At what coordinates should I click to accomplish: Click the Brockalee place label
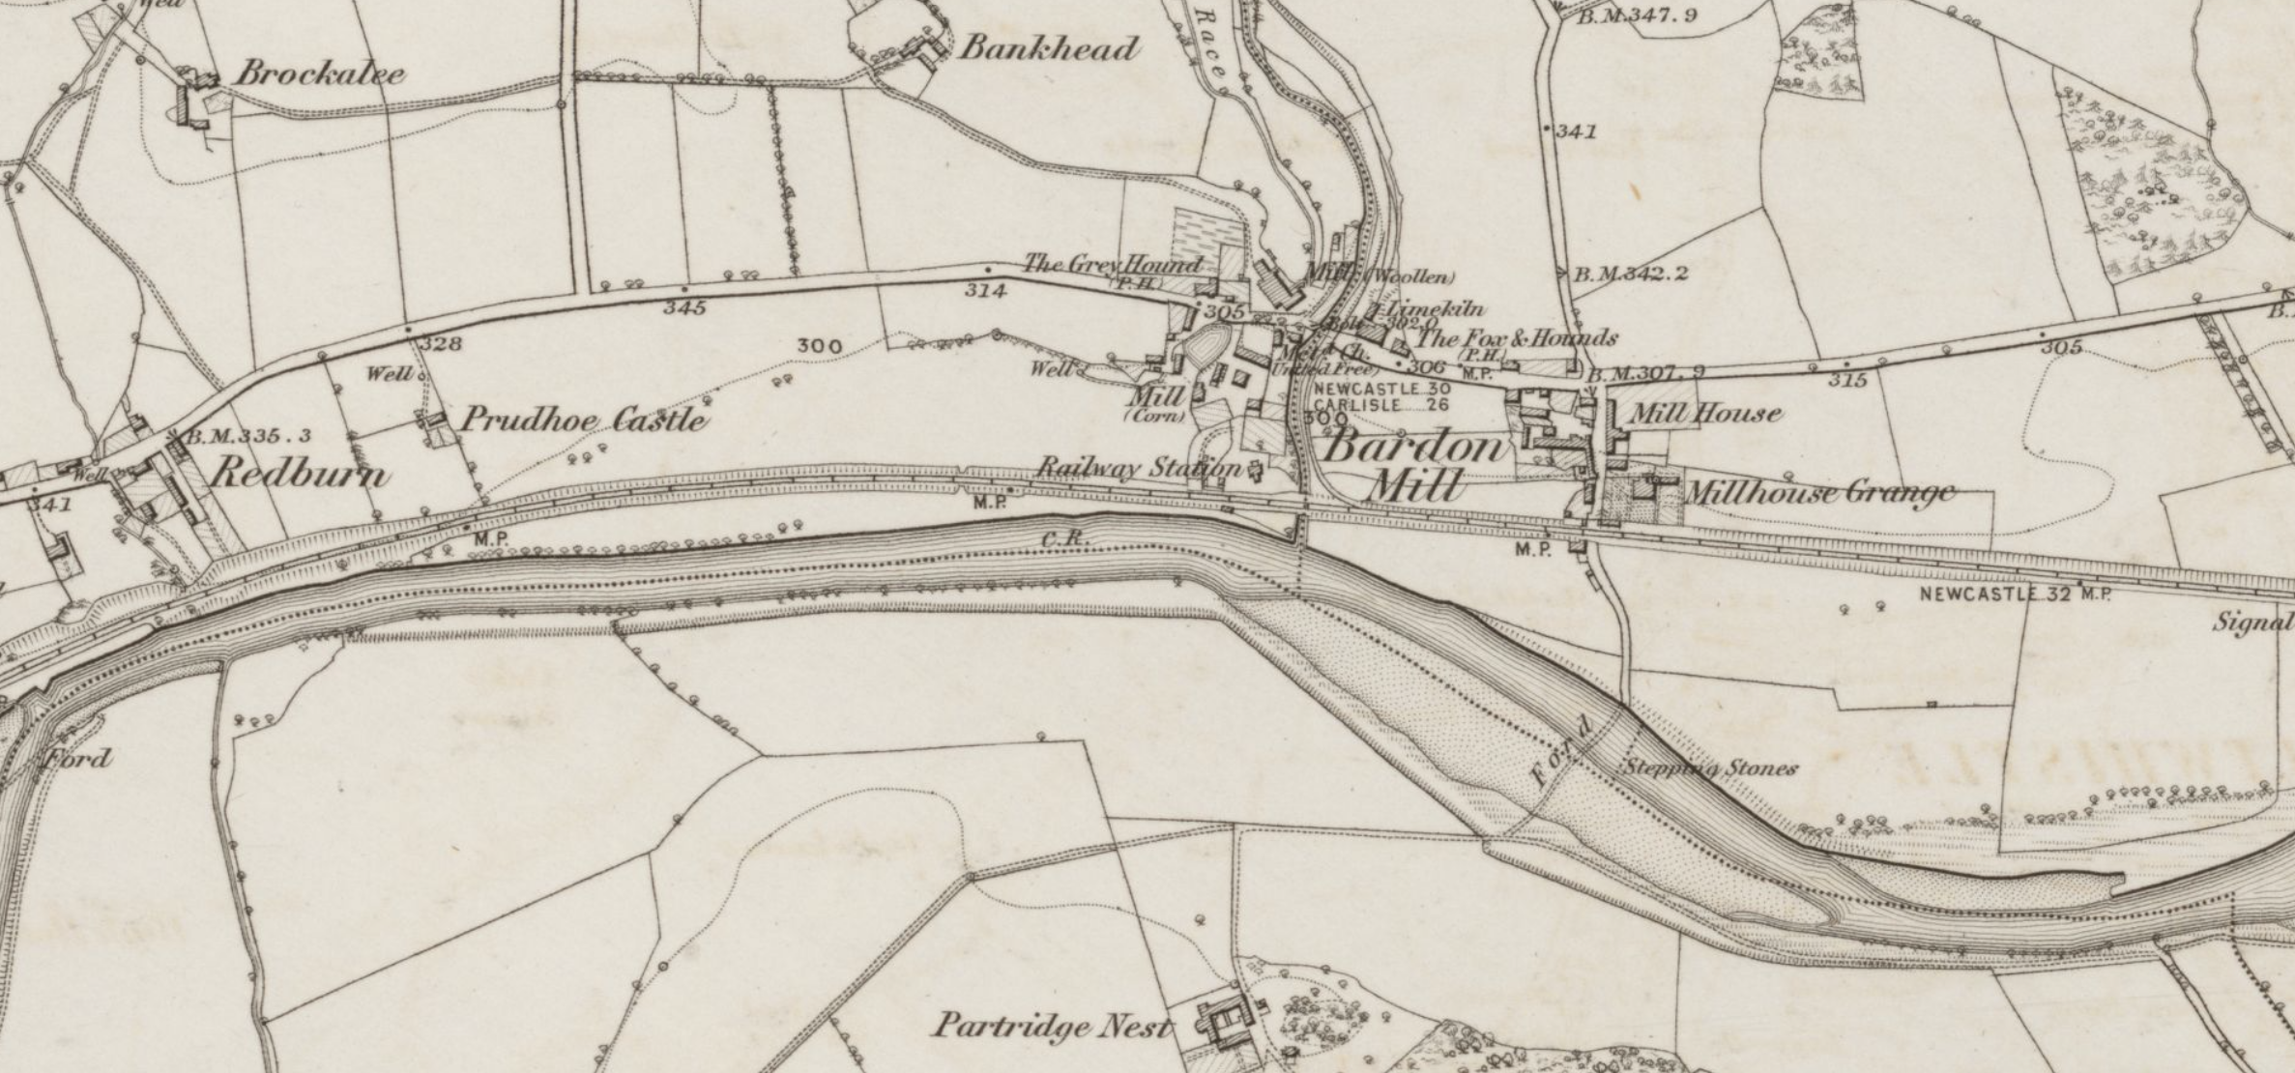(320, 73)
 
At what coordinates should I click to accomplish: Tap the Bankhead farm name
(1048, 48)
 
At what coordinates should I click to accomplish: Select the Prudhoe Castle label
(582, 420)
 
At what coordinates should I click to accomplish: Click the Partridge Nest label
(1051, 1026)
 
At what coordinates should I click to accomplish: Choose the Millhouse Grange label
(1819, 492)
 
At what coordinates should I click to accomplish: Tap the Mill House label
(1705, 414)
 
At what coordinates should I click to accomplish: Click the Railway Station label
(1139, 469)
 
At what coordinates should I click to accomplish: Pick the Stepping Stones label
(1709, 768)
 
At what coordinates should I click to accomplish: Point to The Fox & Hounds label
(1516, 338)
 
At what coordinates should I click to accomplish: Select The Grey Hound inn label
(1113, 263)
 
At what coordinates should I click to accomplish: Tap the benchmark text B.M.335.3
(248, 436)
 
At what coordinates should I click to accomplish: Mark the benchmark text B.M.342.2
(1631, 274)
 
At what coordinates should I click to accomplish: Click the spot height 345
(684, 308)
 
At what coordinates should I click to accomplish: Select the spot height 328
(441, 343)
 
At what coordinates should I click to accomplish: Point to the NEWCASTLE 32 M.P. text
(2015, 594)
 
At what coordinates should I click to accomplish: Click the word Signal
(2252, 623)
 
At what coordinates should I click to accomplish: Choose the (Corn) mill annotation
(1155, 417)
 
